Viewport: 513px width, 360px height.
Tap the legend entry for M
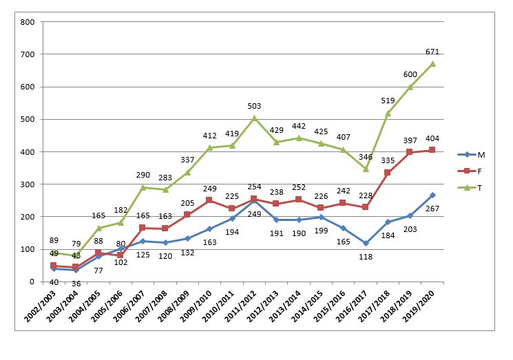click(481, 153)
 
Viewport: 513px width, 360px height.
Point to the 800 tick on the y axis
click(28, 22)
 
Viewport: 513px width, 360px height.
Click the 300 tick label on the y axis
click(28, 184)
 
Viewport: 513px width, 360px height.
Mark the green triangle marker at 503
click(254, 118)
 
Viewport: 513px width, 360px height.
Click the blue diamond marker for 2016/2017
click(366, 243)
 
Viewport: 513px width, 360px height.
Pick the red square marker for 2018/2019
click(410, 152)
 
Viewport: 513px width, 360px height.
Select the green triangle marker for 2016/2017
click(366, 169)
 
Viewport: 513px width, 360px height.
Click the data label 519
click(388, 101)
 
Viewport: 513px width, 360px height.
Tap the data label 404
click(432, 138)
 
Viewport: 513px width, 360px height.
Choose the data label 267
click(432, 207)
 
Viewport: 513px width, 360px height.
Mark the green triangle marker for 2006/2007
click(143, 187)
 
